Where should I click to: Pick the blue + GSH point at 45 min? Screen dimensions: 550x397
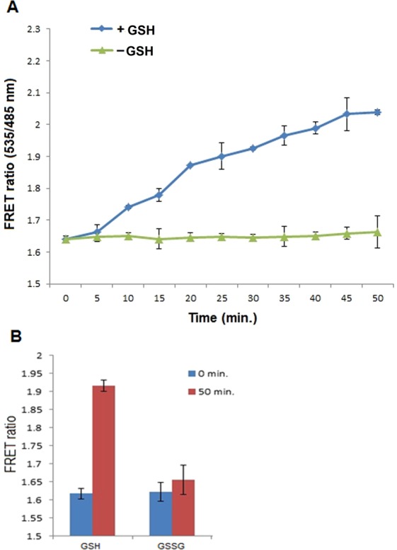pos(347,113)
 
